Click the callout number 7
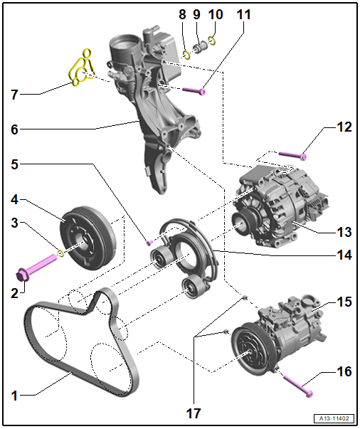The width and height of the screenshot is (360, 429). point(14,95)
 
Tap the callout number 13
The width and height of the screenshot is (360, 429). point(344,232)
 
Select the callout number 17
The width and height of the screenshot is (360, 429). point(194,413)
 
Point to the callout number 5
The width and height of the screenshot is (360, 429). point(14,164)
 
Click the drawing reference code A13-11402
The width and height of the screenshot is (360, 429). point(334,418)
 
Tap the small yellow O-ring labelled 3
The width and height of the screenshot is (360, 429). point(61,253)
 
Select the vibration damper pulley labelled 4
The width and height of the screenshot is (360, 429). point(88,238)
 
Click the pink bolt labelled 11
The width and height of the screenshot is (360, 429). point(194,91)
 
